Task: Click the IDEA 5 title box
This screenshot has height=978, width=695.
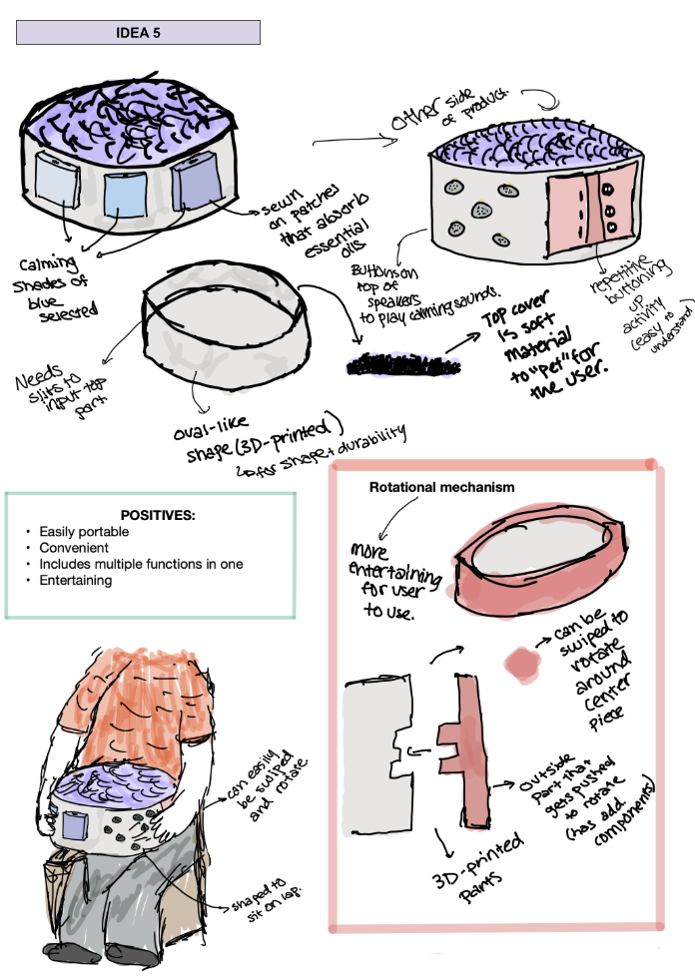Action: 138,32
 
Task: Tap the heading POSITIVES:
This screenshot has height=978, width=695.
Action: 157,515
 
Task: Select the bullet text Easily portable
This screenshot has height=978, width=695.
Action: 84,532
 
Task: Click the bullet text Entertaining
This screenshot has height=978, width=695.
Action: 75,580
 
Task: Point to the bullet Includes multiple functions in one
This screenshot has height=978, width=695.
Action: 141,564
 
